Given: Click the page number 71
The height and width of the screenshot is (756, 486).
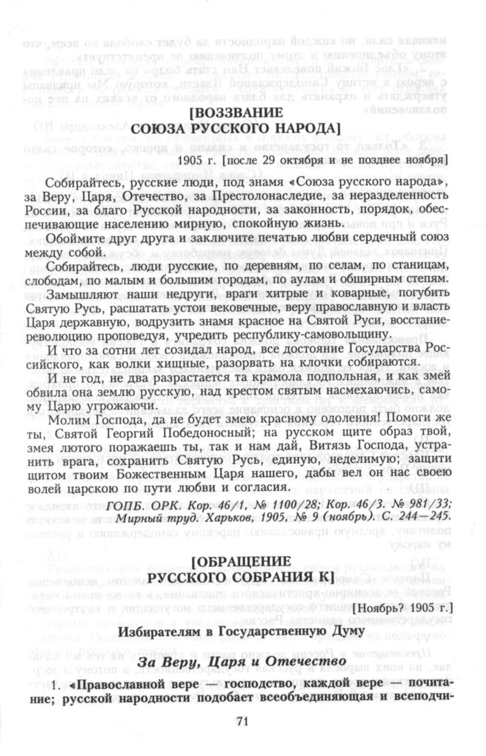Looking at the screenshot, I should [242, 721].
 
